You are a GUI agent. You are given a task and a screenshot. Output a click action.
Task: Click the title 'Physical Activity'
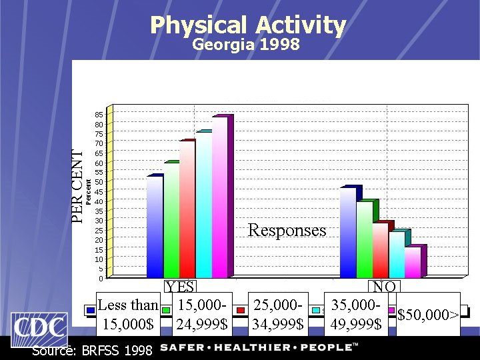pyautogui.click(x=248, y=25)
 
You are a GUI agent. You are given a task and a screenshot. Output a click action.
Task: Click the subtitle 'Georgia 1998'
pyautogui.click(x=246, y=45)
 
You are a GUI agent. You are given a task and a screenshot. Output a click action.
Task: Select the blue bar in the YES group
pyautogui.click(x=154, y=227)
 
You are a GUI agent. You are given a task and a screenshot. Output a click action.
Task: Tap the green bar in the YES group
pyautogui.click(x=171, y=220)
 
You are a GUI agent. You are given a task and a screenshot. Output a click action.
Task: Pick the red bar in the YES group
pyautogui.click(x=187, y=209)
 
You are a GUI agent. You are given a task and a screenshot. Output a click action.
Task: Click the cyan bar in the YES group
pyautogui.click(x=203, y=205)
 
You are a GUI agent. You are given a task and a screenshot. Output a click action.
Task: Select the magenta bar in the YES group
pyautogui.click(x=219, y=197)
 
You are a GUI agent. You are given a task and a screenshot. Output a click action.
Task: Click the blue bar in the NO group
pyautogui.click(x=347, y=233)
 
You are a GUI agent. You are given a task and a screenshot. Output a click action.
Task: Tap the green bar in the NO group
pyautogui.click(x=364, y=239)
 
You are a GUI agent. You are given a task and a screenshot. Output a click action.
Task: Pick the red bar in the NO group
pyautogui.click(x=380, y=250)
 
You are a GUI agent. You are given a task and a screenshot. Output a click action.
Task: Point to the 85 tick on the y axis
pyautogui.click(x=98, y=115)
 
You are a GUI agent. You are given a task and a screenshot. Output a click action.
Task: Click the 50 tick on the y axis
pyautogui.click(x=98, y=182)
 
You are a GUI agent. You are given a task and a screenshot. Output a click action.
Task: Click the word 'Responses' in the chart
pyautogui.click(x=287, y=231)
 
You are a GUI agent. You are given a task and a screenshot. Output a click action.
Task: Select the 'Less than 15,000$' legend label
pyautogui.click(x=128, y=315)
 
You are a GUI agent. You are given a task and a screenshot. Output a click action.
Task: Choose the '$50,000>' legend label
pyautogui.click(x=427, y=315)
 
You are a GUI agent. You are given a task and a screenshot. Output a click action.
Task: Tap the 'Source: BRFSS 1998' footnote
pyautogui.click(x=92, y=350)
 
